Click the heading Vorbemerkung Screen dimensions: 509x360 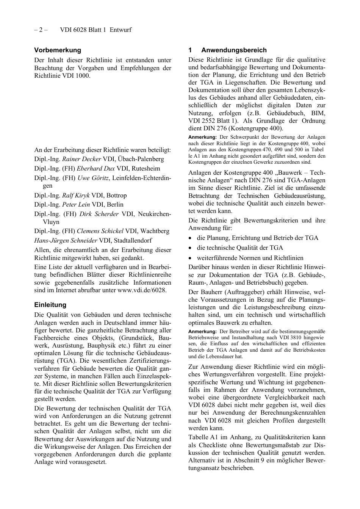tap(58, 50)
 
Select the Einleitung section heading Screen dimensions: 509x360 tap(50, 305)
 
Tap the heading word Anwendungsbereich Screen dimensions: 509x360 tap(234, 50)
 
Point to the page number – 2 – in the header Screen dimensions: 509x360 tap(41, 30)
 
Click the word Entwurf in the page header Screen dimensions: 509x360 tap(121, 30)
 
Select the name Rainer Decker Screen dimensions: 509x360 tap(81, 159)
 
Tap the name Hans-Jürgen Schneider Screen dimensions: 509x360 tap(66, 240)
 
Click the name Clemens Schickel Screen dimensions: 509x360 tap(100, 231)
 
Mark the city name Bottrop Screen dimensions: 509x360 tap(117, 196)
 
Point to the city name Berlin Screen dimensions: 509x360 tap(115, 205)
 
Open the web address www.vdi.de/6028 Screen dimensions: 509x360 tap(141, 290)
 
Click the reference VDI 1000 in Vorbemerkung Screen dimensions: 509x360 tap(77, 75)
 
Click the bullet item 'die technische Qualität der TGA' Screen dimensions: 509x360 tap(240, 247)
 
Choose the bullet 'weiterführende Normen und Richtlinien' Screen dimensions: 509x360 tap(250, 258)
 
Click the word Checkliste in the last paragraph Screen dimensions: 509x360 tap(214, 445)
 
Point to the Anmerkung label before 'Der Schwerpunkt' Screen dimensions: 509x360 tap(202, 137)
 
